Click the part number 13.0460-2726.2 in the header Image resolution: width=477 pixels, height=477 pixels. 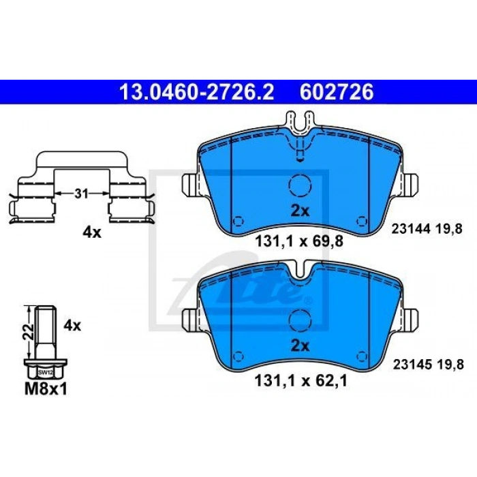click(x=197, y=92)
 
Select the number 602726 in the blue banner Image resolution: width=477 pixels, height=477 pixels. click(x=337, y=92)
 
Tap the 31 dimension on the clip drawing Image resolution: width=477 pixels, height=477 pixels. click(x=81, y=194)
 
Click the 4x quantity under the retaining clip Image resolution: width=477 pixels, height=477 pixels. click(x=92, y=233)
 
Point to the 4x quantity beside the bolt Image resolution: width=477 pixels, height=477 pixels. click(x=72, y=326)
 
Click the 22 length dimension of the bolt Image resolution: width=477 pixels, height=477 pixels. click(x=29, y=332)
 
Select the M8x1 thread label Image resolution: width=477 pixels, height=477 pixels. click(x=46, y=389)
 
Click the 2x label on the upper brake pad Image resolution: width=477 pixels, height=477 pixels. click(x=300, y=211)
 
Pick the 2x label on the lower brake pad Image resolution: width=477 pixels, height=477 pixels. click(x=300, y=346)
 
